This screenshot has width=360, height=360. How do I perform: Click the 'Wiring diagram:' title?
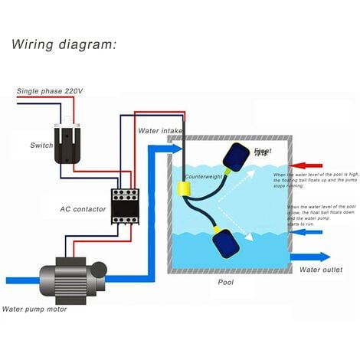(63, 44)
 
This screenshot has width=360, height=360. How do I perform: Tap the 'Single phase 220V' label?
(51, 92)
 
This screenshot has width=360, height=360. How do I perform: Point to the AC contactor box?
(123, 204)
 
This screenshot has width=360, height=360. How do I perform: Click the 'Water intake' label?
(161, 131)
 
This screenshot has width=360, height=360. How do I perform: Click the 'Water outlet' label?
(320, 270)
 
